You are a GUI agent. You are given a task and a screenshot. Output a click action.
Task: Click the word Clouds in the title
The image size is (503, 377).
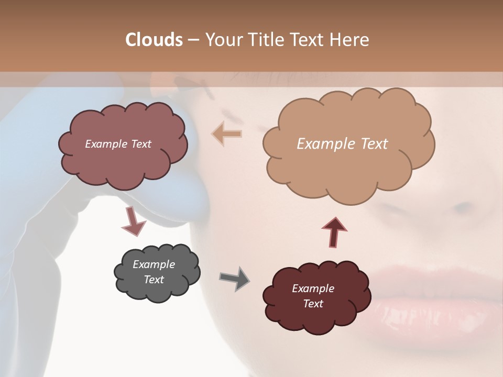tap(154, 40)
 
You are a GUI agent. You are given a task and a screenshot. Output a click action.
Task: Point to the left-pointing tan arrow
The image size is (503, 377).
tap(227, 134)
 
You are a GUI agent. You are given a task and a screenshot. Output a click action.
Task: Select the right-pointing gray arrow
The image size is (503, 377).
tap(235, 278)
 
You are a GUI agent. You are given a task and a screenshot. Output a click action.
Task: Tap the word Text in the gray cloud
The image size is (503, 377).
tap(154, 280)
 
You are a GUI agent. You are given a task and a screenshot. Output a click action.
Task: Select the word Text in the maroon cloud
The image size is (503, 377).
tap(313, 304)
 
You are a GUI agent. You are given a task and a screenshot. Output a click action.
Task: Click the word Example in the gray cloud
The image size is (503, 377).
tap(154, 264)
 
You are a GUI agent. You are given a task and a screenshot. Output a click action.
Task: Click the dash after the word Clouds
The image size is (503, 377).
tap(193, 40)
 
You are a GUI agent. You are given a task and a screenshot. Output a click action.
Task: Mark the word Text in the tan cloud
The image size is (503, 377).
tap(374, 144)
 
